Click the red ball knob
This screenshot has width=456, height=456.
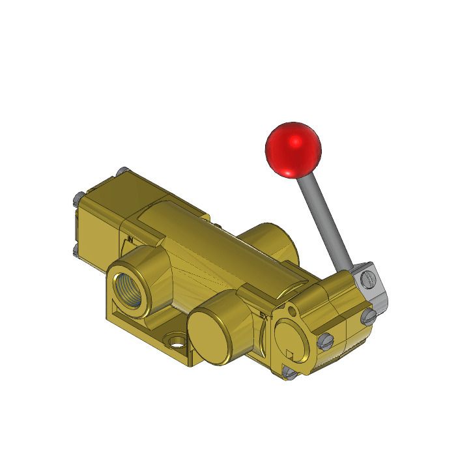[x=292, y=149]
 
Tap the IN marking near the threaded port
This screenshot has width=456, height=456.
[x=130, y=239]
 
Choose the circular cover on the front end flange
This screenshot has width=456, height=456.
[x=289, y=339]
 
